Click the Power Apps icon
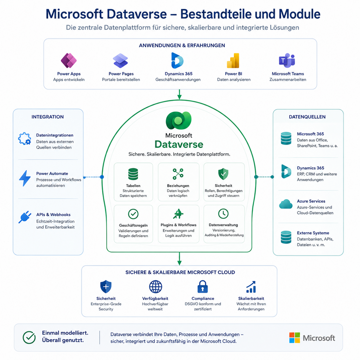(69, 60)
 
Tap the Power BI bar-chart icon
(233, 61)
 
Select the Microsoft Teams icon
(287, 60)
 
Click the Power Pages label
(121, 74)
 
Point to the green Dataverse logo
(178, 120)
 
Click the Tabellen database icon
(133, 174)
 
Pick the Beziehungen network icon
(178, 174)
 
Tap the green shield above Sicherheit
(223, 174)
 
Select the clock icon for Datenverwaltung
(223, 214)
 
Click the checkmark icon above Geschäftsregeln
(133, 214)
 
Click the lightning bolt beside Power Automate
(25, 178)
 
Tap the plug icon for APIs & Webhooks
(25, 217)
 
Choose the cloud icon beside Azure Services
(286, 204)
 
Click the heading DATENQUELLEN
(307, 117)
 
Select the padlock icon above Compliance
(202, 286)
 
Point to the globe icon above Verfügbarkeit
(155, 286)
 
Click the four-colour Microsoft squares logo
(294, 337)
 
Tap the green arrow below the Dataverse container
(179, 259)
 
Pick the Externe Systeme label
(313, 233)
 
